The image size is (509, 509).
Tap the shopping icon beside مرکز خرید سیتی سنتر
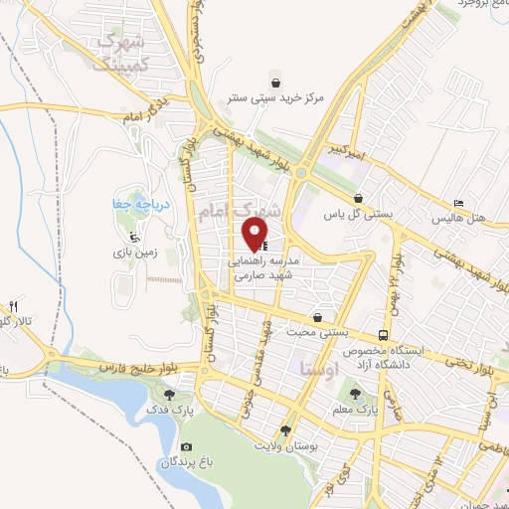coord(275,83)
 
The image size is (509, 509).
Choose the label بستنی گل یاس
coord(358,213)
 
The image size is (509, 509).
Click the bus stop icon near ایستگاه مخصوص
coord(383,335)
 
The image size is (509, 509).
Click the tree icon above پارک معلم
coord(355,395)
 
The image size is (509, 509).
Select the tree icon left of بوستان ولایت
coord(286,431)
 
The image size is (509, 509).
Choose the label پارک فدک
coord(163,410)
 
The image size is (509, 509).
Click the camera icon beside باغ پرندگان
coord(187,447)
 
